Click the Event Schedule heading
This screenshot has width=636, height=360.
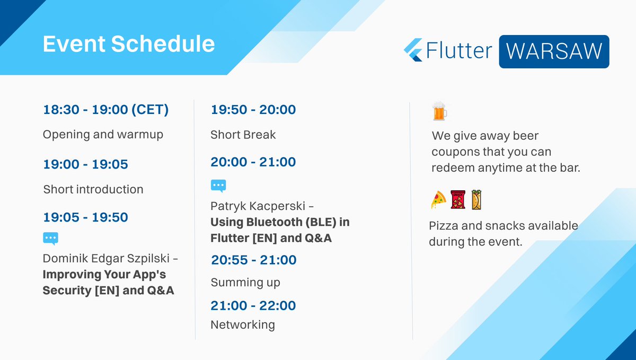coord(129,44)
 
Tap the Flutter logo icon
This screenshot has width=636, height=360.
coord(413,50)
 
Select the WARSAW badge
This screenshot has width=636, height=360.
coord(554,51)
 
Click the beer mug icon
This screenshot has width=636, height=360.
coord(439,111)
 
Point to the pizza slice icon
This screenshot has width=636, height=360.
coord(438,199)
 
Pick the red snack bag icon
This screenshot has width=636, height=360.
coord(458,199)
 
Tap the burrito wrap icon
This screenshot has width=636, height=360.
coord(476,199)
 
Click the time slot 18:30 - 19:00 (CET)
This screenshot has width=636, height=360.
coord(106,110)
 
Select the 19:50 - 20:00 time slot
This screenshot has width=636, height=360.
coord(253,110)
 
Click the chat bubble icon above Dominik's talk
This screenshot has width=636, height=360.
coord(50,239)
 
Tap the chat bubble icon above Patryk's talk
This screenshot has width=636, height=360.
coord(218,186)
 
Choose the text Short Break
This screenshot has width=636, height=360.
coord(243,135)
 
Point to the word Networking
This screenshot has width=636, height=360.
coord(243,325)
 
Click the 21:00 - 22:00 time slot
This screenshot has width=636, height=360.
coord(253,306)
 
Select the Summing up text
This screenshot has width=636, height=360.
coord(245,283)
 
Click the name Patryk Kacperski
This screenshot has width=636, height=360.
coord(258,206)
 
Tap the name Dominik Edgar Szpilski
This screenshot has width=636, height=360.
coord(106,259)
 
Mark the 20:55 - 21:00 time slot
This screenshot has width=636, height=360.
coord(254,260)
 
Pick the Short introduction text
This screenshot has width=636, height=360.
coord(93,189)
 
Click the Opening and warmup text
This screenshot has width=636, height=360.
coord(103,135)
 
